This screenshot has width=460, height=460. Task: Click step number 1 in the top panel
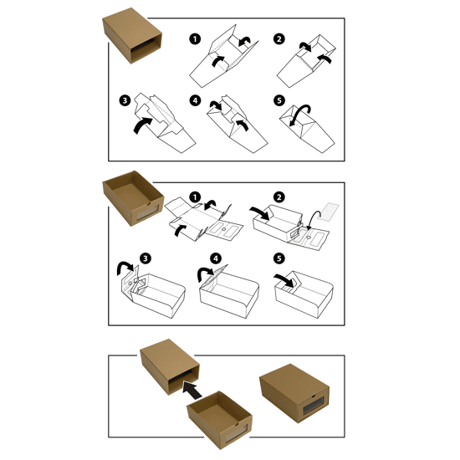point(195,38)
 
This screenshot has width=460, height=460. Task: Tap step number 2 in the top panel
point(279,38)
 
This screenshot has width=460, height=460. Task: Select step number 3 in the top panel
point(125,100)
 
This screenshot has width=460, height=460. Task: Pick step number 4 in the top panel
point(195,100)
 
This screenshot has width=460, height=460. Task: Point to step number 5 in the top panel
point(279,100)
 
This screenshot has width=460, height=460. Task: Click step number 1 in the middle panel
point(195,197)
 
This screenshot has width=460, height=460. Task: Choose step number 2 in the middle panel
point(279,197)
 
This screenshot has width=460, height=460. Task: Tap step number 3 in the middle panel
point(146,258)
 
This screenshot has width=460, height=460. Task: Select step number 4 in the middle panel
point(216,258)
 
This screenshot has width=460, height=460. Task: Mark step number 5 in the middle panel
point(279,258)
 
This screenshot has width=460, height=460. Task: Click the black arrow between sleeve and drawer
point(192,390)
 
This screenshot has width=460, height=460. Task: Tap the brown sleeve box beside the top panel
point(132,35)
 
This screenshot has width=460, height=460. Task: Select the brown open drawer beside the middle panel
point(133,198)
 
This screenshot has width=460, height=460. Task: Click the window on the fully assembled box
point(313,406)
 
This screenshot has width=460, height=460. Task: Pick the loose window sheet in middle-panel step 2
point(330,212)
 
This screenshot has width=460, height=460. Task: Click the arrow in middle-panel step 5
point(284,280)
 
